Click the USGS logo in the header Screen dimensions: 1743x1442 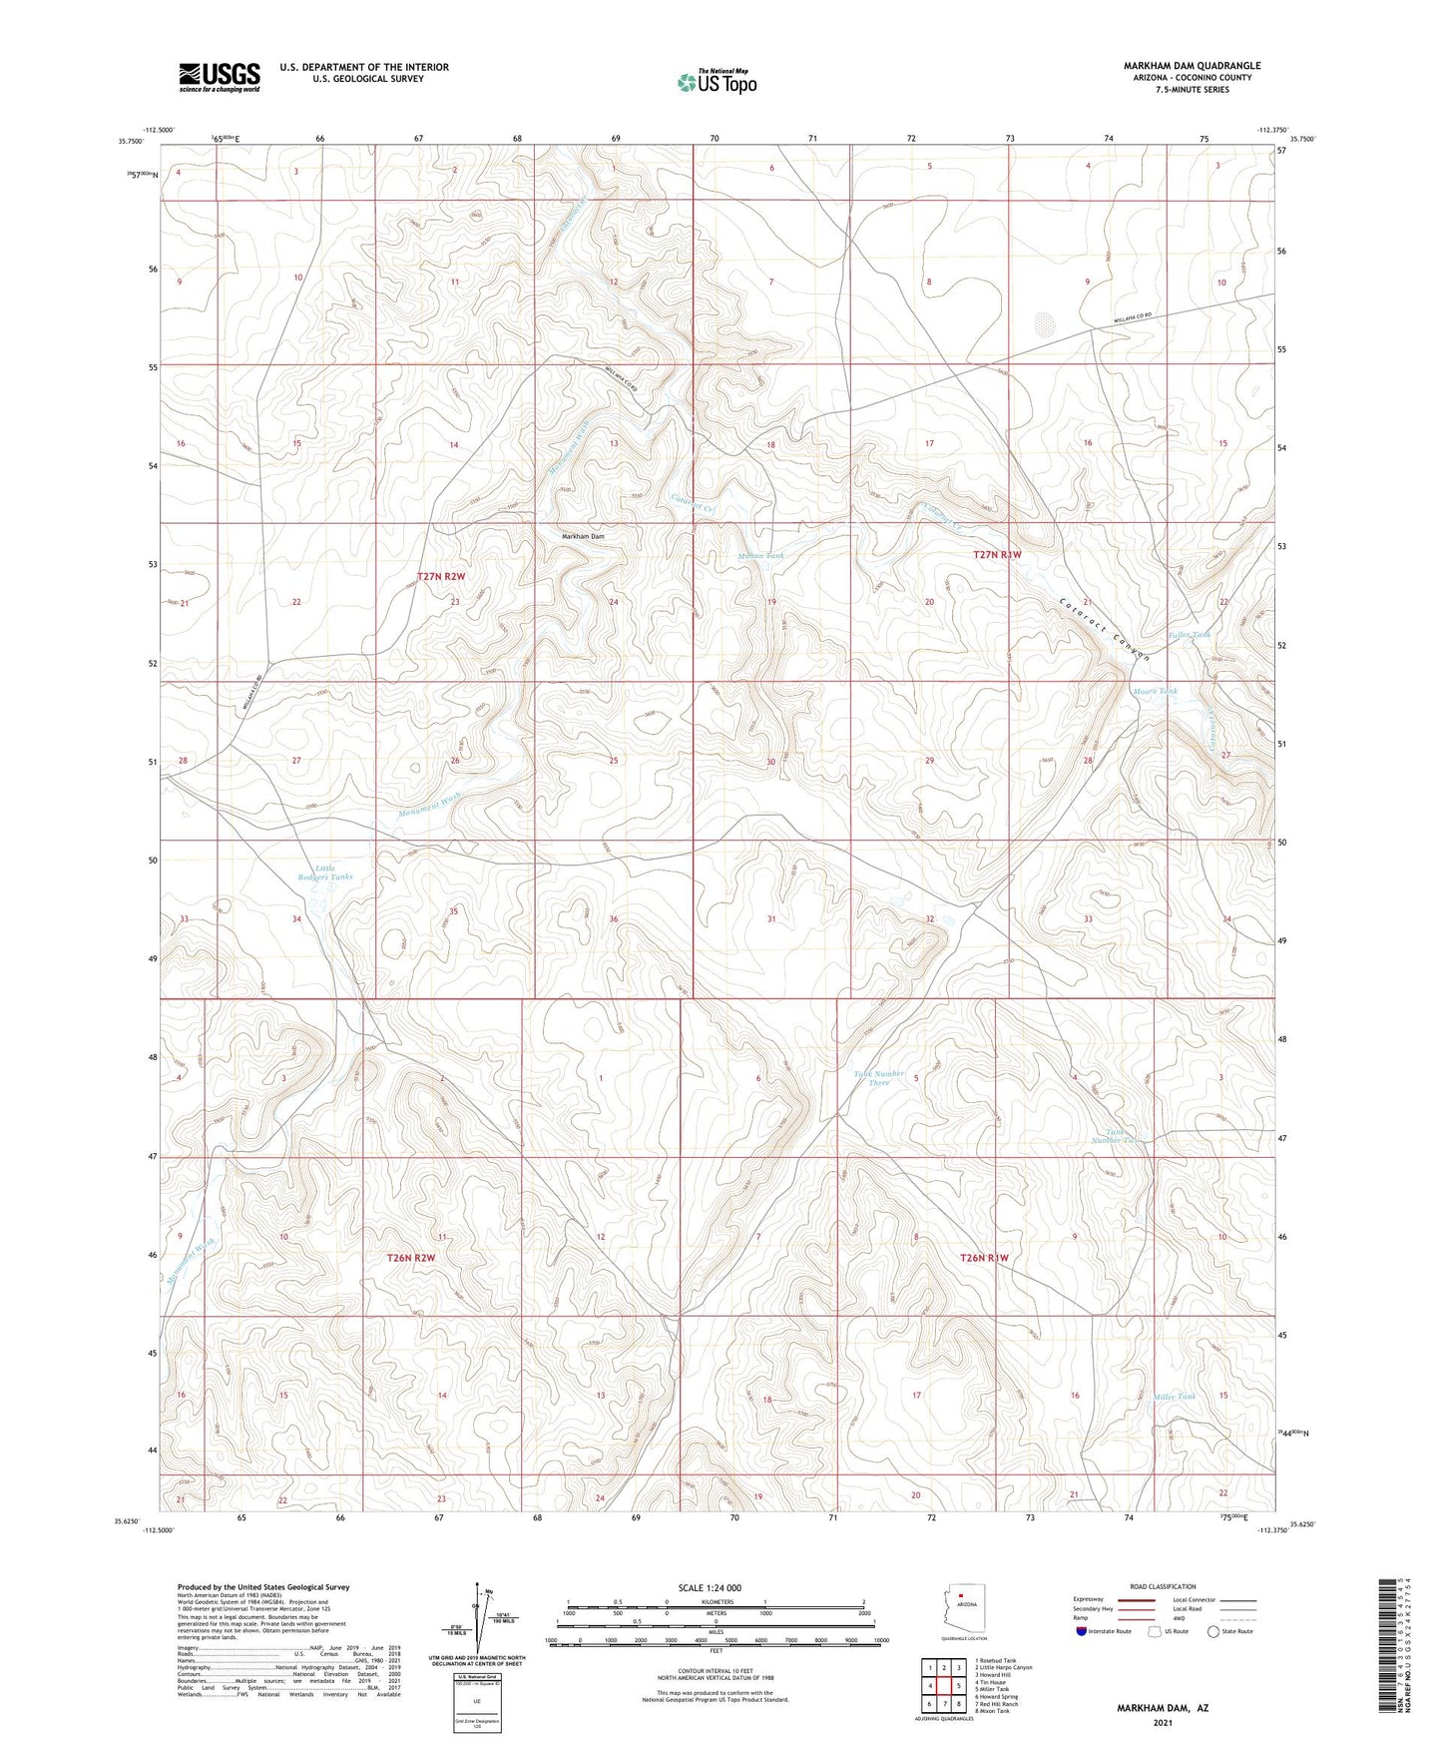(220, 77)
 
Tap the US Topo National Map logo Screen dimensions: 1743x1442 (716, 81)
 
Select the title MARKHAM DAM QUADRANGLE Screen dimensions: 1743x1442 (1178, 66)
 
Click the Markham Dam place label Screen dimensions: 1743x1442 (583, 537)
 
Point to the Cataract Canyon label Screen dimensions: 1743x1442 (1105, 628)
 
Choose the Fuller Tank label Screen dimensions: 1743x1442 (1190, 635)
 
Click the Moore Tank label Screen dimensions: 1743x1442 (1155, 691)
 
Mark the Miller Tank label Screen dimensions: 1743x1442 (1174, 1397)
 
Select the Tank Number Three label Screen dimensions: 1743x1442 (878, 1078)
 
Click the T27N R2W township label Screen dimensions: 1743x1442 (440, 576)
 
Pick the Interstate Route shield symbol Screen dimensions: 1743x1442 (1082, 1632)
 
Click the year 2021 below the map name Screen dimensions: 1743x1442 (1162, 1723)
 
